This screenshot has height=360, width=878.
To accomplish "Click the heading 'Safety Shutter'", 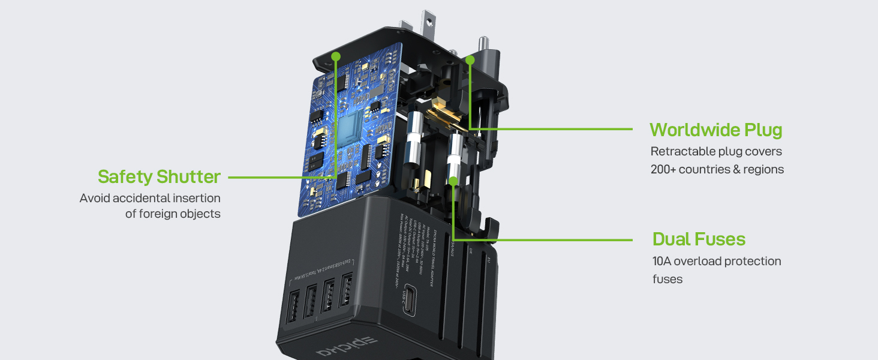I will pos(159,177).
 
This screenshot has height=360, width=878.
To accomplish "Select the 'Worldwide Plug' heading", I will pos(715,130).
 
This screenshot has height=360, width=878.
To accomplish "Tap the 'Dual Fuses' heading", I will pos(699,239).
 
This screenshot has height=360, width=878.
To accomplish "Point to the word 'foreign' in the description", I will pos(163,214).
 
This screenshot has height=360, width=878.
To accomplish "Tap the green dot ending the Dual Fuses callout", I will pos(454,180).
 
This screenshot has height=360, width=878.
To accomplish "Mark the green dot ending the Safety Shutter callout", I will pos(336,56).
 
